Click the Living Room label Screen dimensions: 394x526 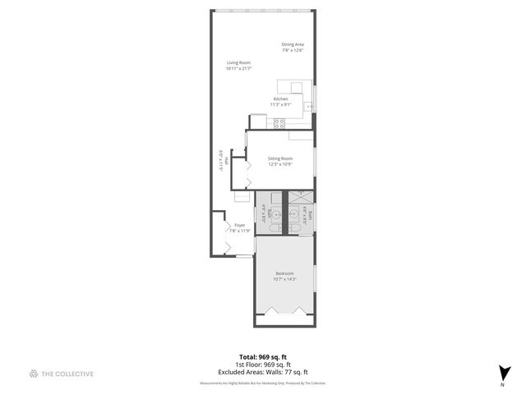238,62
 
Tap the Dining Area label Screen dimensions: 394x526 293,44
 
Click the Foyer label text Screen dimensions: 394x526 239,225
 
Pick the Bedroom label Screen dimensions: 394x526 284,273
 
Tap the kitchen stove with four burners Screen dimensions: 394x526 279,123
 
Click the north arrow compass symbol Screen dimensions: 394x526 504,373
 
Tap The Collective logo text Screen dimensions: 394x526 67,373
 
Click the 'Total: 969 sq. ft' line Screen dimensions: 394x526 262,357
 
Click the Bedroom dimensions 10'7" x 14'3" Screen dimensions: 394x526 284,279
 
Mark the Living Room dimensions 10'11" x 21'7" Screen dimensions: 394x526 238,68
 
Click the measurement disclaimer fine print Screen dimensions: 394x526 262,383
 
